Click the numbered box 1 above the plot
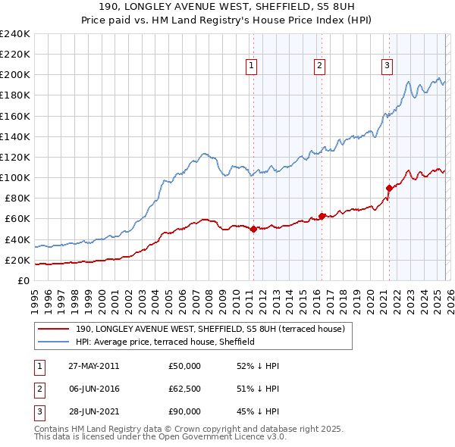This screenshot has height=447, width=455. click(x=251, y=67)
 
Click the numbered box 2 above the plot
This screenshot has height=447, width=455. click(x=320, y=67)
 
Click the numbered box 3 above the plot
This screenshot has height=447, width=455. click(x=387, y=67)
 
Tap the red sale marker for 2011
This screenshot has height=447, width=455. click(x=253, y=229)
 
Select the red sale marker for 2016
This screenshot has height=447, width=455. click(x=322, y=216)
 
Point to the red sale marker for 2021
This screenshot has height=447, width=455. click(x=389, y=188)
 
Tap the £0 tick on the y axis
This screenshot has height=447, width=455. click(x=24, y=280)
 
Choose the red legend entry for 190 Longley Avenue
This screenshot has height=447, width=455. click(x=210, y=329)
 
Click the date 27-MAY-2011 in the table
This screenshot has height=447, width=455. click(x=93, y=366)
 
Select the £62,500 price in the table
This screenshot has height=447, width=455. click(x=185, y=389)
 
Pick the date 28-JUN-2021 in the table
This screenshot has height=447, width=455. click(x=93, y=411)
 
